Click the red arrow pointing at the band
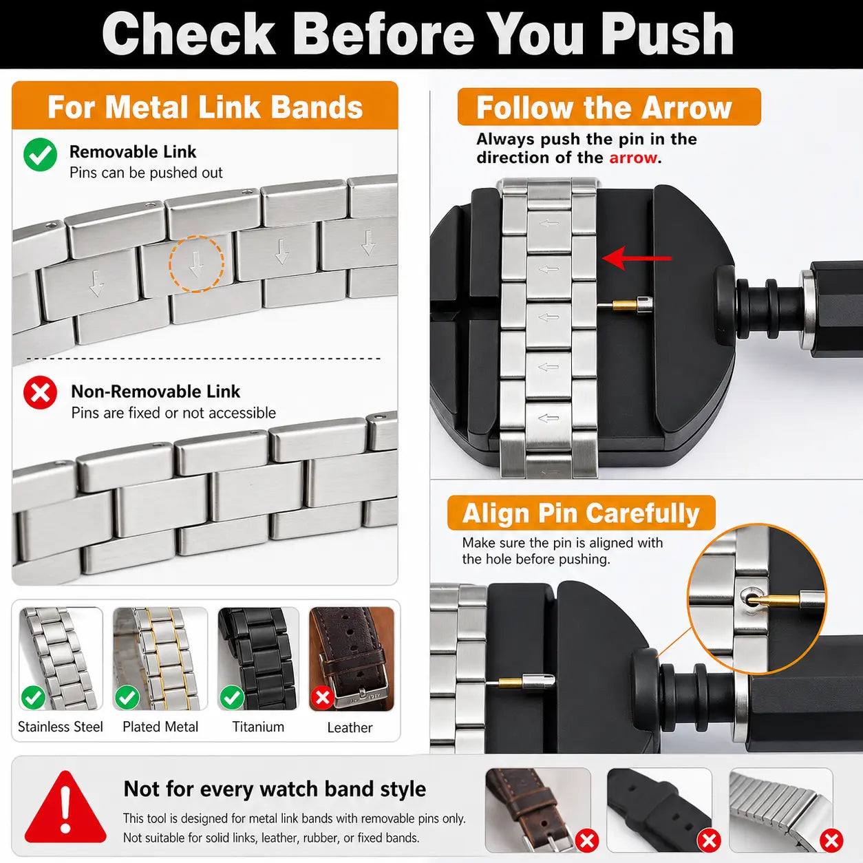(637, 258)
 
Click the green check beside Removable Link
(41, 155)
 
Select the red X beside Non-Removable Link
(41, 392)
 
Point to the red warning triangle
(65, 807)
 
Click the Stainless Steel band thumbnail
(61, 659)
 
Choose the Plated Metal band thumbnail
(160, 659)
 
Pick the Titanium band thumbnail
(258, 659)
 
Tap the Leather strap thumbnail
(352, 659)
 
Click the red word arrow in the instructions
(633, 158)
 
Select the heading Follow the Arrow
(604, 107)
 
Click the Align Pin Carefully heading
(581, 513)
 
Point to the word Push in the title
(667, 34)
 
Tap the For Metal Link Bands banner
(204, 106)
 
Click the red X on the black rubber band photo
(710, 840)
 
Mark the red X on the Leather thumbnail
(323, 697)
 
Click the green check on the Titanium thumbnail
(232, 697)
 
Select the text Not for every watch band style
(275, 789)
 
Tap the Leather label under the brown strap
(350, 727)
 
